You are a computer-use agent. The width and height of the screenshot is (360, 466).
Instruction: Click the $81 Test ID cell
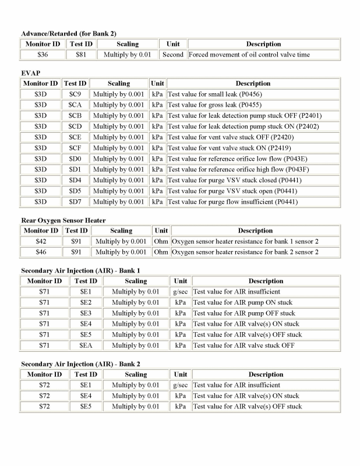click(x=81, y=55)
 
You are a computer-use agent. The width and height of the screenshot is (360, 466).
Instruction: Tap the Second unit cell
click(x=173, y=55)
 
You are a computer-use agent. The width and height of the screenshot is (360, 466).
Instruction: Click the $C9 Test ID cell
click(x=75, y=94)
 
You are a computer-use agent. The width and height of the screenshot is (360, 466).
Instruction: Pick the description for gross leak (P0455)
click(x=214, y=105)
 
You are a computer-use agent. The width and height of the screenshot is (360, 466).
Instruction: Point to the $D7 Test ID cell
click(x=75, y=202)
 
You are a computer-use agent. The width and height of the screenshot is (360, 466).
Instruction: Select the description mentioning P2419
click(x=227, y=148)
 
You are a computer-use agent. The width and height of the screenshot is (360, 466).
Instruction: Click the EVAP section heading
click(x=30, y=73)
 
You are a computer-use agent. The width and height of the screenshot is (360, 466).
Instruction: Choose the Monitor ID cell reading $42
click(x=41, y=241)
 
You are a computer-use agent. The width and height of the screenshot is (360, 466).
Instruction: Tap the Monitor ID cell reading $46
click(x=41, y=252)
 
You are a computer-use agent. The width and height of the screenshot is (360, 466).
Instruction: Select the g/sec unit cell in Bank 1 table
click(x=181, y=291)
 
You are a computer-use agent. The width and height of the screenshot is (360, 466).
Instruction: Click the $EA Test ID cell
click(x=86, y=345)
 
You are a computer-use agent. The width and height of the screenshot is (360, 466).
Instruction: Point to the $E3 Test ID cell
click(x=86, y=313)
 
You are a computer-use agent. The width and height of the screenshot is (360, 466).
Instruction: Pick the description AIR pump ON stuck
click(x=244, y=302)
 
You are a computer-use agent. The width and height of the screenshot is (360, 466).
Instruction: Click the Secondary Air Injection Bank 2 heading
click(x=80, y=363)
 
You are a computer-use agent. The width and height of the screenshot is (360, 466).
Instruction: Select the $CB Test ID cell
click(x=75, y=115)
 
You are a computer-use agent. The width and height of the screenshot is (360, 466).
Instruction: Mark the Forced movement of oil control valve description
click(x=249, y=55)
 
